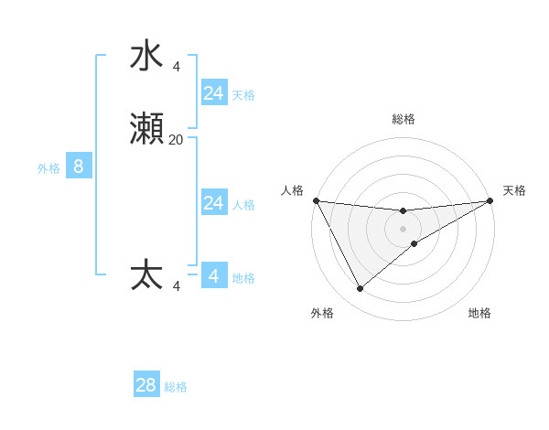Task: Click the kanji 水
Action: [147, 57]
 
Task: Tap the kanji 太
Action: [147, 275]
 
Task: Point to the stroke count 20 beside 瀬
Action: [176, 140]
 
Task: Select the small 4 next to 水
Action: [176, 67]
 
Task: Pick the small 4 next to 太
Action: [176, 286]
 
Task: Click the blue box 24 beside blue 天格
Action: [214, 93]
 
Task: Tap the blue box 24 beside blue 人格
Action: [214, 203]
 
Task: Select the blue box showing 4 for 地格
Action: [214, 276]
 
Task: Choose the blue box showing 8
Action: [79, 167]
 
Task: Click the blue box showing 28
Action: [146, 385]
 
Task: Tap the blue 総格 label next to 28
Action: [177, 387]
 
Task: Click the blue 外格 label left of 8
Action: [48, 168]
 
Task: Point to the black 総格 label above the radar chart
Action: [404, 119]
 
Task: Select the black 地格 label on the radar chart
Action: [479, 313]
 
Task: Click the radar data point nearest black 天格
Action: [490, 201]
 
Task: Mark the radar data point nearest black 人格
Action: [317, 200]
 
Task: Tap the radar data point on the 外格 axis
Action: [360, 289]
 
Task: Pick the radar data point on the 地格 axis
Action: [414, 243]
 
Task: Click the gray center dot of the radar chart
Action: [404, 228]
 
